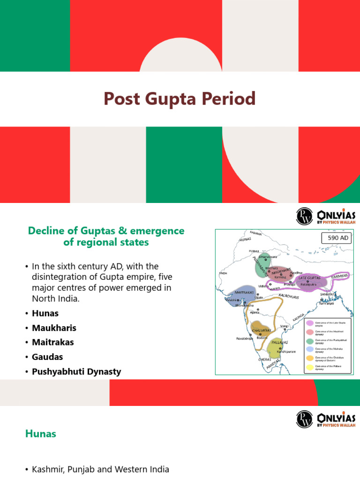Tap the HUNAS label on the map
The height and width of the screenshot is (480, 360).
[x=245, y=240]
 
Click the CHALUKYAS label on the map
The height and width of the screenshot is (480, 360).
[x=261, y=330]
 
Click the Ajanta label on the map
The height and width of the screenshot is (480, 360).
[x=255, y=312]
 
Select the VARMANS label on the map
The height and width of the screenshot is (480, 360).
[x=339, y=277]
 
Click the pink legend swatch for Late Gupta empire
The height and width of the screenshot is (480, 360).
[x=309, y=323]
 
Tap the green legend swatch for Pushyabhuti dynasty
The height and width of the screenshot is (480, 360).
[x=309, y=341]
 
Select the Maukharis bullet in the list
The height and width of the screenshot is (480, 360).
[x=54, y=328]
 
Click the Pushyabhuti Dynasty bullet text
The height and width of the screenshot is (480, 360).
[x=76, y=372]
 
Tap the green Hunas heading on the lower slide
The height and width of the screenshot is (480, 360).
[x=40, y=434]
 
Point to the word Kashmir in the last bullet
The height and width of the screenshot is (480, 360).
[x=47, y=469]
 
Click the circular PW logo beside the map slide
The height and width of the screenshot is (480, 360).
[x=304, y=216]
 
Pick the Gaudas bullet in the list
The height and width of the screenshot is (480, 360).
[x=47, y=357]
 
